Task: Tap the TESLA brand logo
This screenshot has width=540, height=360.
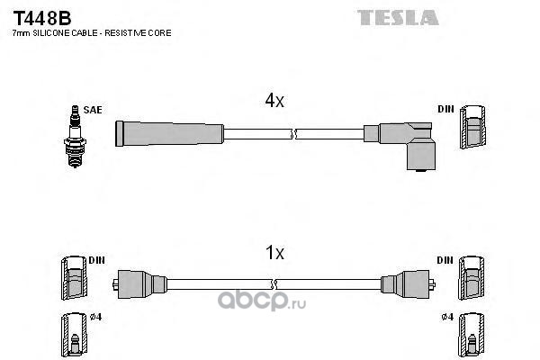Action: (x=399, y=17)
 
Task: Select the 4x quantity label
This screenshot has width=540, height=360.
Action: (x=274, y=102)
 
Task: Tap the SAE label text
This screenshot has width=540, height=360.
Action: (x=93, y=110)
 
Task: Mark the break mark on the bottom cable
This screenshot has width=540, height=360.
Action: (x=292, y=283)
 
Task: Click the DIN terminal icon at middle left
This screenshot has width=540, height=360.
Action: (x=73, y=277)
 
